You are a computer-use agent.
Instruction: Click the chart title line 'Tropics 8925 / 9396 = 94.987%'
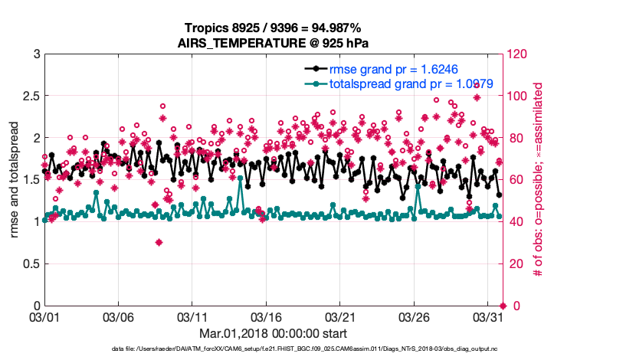[267, 28]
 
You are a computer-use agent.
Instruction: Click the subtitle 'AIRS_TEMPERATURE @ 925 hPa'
[267, 42]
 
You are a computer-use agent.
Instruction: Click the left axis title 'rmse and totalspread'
[15, 179]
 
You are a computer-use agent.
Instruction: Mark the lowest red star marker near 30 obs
[159, 242]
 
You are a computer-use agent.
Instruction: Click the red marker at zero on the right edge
[503, 306]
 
